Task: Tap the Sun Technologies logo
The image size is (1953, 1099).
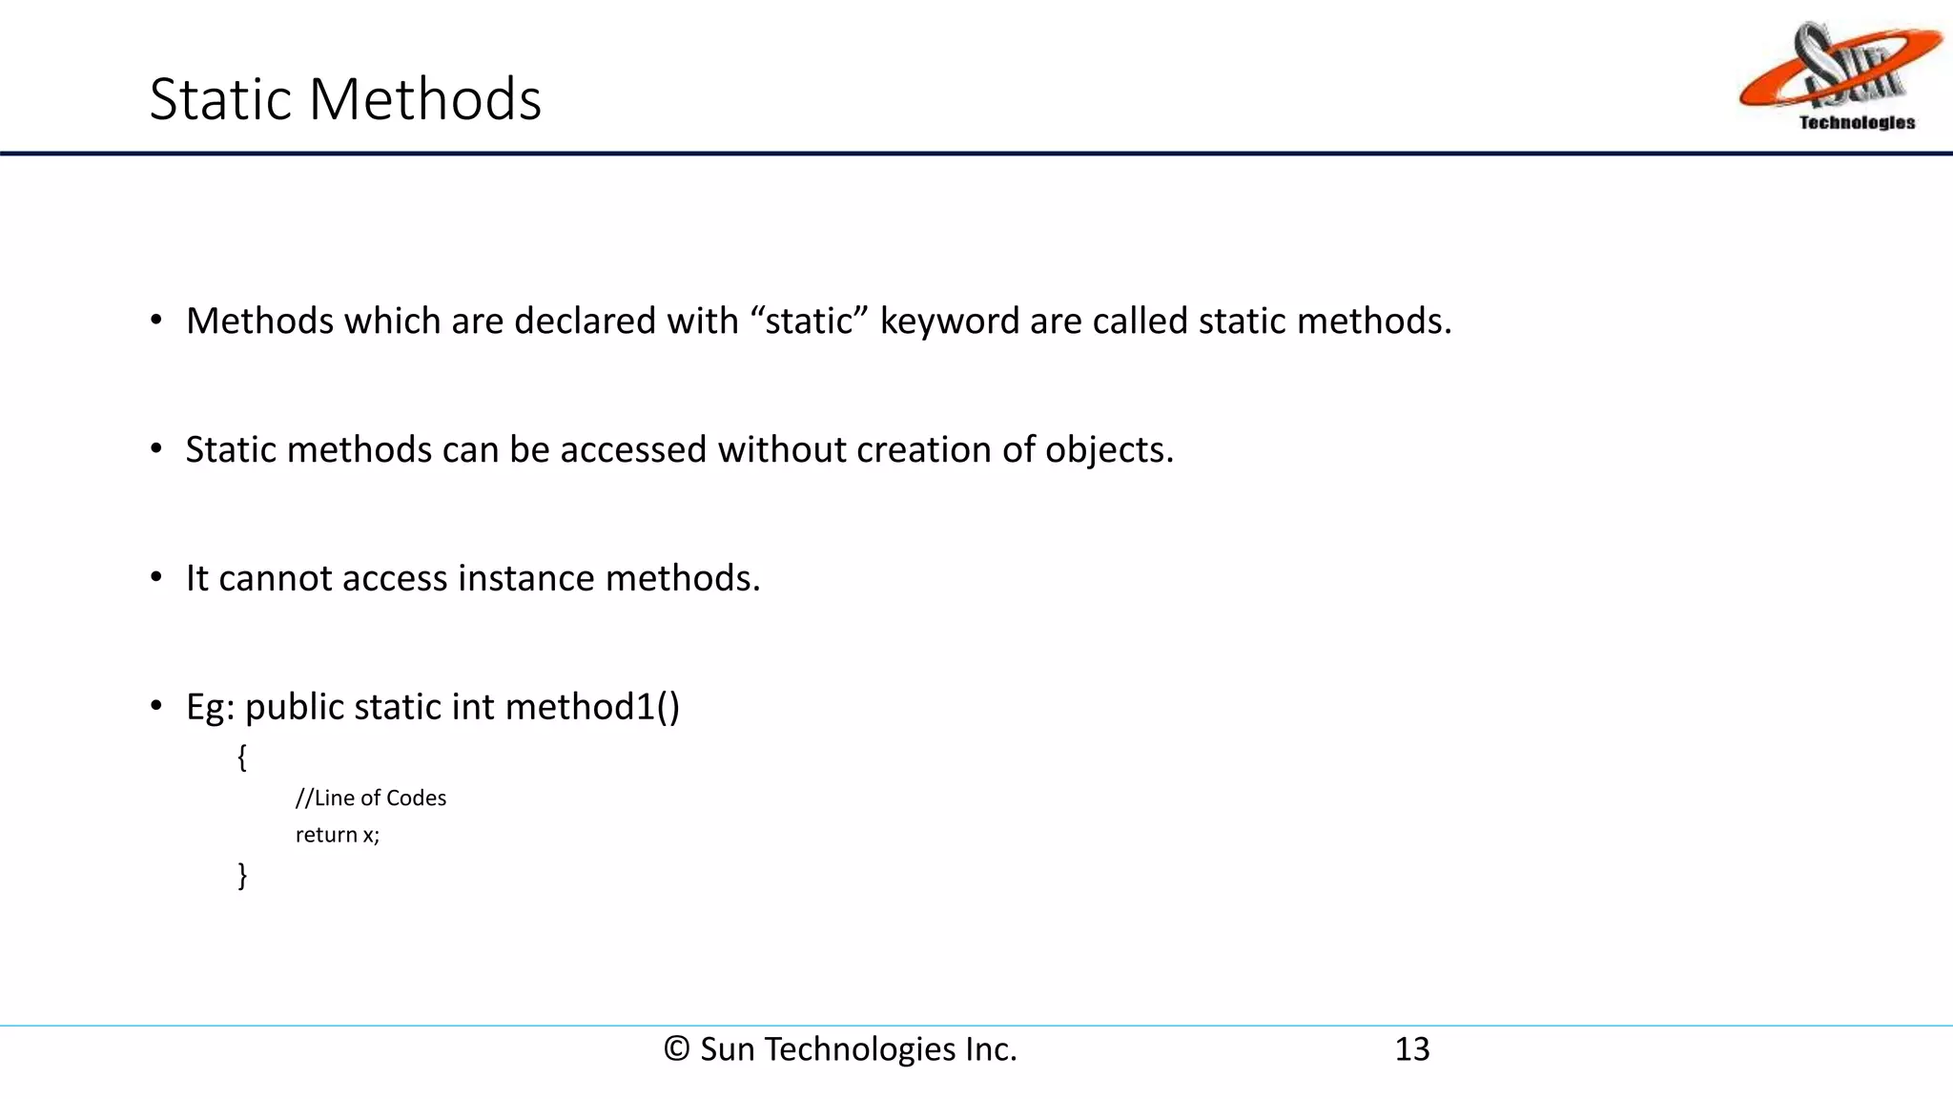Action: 1839,76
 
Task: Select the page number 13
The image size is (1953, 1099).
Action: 1411,1049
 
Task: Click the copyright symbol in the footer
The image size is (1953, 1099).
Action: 676,1049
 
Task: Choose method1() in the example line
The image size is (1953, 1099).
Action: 592,708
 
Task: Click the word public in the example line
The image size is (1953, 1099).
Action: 294,708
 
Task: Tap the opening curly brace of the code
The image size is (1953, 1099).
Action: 242,758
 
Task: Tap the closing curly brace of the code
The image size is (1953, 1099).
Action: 242,875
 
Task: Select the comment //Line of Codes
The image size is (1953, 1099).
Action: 371,798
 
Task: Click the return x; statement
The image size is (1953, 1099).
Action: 338,836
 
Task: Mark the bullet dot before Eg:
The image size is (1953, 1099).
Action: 156,707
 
